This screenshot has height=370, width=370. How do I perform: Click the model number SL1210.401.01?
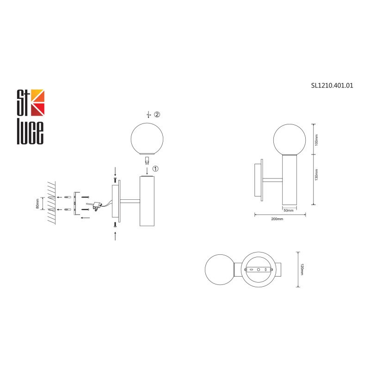coord(332,86)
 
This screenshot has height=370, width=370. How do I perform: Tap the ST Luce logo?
coord(31,117)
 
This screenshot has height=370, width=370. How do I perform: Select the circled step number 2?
coord(157,114)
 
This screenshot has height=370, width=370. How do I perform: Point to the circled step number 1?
coord(155,169)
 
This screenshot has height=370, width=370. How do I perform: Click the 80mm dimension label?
coord(37,203)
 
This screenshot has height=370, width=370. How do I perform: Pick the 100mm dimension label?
coord(316,140)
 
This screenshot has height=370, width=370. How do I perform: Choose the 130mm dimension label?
coord(316,175)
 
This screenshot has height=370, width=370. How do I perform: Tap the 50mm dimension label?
coord(289,210)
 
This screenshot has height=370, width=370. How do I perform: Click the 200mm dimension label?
coord(277,219)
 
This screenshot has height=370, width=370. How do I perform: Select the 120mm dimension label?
coord(302,270)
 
